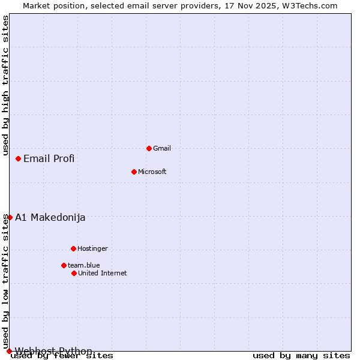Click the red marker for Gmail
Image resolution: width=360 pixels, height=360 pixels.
point(149,148)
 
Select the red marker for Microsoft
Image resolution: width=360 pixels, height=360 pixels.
point(134,172)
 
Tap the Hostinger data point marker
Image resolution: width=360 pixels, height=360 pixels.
point(73,248)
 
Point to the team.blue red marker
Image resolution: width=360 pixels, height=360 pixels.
point(64,265)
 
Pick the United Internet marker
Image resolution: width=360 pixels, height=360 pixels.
point(74,273)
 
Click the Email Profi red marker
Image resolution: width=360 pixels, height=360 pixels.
point(19,158)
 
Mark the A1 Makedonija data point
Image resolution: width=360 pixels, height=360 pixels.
point(10,217)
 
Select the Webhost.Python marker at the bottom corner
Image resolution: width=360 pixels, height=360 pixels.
point(9,351)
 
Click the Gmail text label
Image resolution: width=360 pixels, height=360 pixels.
point(162,148)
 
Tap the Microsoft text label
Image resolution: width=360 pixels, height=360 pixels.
point(152,172)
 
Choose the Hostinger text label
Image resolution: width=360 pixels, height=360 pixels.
point(92,248)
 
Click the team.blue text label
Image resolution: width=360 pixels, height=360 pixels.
point(84,265)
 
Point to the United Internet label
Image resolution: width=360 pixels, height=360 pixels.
point(103,273)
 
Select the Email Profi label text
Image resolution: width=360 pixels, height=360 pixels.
point(49,158)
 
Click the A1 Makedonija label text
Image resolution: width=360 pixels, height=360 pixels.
point(50,217)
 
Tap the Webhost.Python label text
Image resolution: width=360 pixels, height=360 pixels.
point(54,351)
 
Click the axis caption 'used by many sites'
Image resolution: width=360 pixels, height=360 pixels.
point(301,356)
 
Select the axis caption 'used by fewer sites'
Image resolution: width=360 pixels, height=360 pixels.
point(62,356)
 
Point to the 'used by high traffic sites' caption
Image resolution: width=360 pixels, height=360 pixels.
point(6,86)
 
